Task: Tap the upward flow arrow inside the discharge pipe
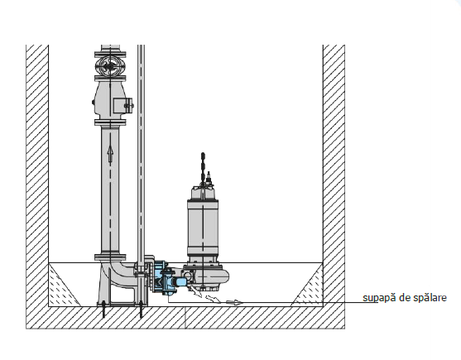(x=110, y=153)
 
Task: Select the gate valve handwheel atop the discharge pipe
(x=109, y=67)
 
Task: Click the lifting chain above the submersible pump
(x=203, y=168)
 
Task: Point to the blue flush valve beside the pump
(x=169, y=278)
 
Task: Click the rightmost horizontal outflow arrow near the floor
(x=234, y=302)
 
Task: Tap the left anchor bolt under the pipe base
(x=103, y=310)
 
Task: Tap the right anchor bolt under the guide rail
(x=142, y=310)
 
